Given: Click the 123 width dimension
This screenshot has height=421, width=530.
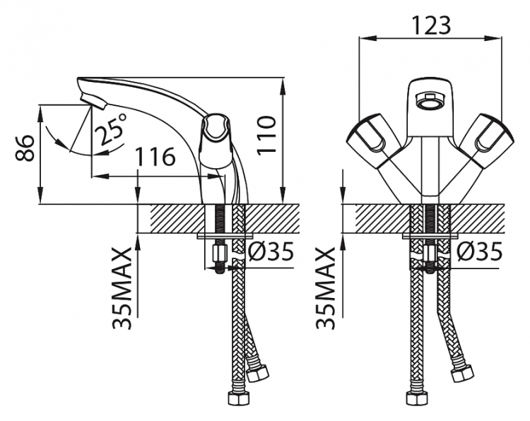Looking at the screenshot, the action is tap(431, 25).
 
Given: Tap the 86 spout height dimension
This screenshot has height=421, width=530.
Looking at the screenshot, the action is tap(25, 148).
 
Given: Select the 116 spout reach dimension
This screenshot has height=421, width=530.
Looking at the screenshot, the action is tap(155, 156).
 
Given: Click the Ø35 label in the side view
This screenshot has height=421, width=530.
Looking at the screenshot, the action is tap(271, 251).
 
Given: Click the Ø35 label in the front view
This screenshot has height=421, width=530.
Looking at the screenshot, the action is tap(479, 251).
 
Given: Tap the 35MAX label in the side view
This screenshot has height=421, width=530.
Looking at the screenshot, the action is tap(122, 288).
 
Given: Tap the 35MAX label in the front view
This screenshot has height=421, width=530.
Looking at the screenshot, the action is tap(326, 288).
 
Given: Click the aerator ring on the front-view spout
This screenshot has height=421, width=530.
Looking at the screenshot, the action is tap(429, 100).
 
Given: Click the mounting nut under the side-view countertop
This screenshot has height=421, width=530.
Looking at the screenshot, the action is tap(218, 252).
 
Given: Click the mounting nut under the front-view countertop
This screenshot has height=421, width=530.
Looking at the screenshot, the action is tap(430, 252).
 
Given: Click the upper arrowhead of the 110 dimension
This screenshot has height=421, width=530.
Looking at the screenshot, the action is tap(283, 85).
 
